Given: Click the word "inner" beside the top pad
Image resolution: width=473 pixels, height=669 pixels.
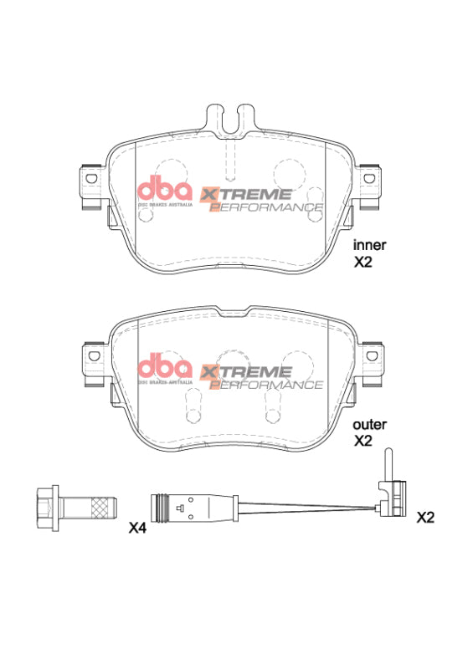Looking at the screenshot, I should coord(369,245).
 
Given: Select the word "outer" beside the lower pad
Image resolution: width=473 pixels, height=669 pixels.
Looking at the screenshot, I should coord(369,424).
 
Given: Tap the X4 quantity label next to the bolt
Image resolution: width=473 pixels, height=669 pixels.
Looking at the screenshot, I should coord(138,529).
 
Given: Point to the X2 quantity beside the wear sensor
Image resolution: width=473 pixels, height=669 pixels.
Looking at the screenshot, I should coord(426,517).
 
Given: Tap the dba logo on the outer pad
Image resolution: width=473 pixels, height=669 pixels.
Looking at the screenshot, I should coord(165,370).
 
